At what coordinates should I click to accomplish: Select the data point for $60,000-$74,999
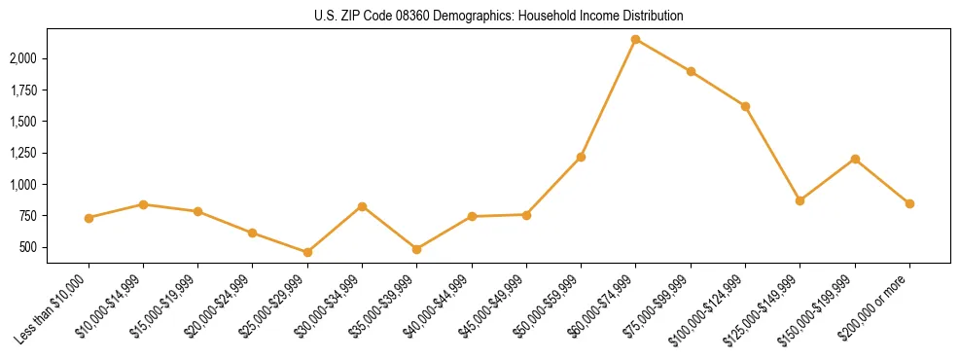(636, 40)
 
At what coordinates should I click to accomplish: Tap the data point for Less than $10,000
(89, 218)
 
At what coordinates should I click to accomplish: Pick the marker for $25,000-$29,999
(307, 252)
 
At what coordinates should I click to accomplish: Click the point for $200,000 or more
(909, 203)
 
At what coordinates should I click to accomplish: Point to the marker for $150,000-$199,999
(855, 159)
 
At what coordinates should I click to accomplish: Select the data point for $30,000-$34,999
(362, 206)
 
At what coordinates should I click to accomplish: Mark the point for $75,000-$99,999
(691, 71)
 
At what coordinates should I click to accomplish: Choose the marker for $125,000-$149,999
(800, 200)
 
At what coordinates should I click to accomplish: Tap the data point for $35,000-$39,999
(416, 249)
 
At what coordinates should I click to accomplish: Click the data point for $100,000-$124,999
(745, 106)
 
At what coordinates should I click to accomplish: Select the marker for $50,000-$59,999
(581, 157)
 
